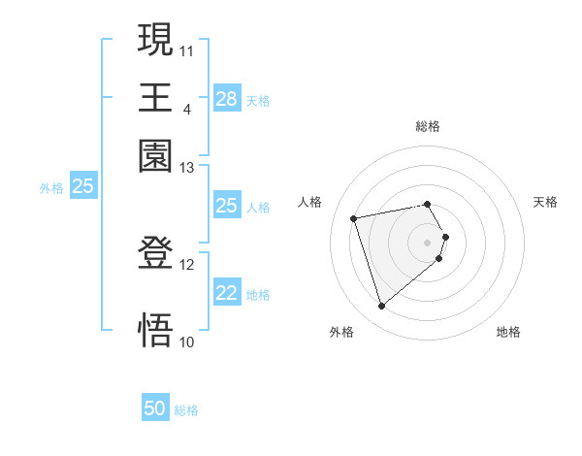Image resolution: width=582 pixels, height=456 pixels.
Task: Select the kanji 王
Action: (155, 97)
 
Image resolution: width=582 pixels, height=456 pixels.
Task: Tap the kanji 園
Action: (155, 155)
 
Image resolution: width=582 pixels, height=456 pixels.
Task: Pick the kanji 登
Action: (155, 254)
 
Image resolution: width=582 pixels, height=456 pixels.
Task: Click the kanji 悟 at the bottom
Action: (155, 329)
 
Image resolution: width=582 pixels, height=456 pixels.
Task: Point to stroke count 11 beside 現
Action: (187, 49)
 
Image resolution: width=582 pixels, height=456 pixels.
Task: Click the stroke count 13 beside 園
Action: (187, 168)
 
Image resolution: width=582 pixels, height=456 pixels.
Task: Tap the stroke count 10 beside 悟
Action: (187, 341)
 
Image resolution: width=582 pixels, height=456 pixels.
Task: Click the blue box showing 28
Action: (226, 99)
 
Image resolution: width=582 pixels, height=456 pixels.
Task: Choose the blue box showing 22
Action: (226, 294)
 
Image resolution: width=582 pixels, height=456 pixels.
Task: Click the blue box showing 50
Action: (155, 409)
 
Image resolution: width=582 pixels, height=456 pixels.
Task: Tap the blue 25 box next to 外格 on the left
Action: (83, 187)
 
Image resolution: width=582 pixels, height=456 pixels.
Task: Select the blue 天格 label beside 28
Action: (258, 100)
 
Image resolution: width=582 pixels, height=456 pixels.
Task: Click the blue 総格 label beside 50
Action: (186, 410)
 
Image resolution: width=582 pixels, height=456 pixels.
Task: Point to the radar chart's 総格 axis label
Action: (428, 126)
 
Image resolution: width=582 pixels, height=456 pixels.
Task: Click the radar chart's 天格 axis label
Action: (545, 202)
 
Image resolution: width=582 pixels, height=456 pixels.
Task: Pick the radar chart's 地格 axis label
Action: (508, 332)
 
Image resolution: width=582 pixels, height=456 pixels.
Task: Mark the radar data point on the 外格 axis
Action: (381, 307)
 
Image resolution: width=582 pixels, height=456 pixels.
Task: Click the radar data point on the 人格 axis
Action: (354, 217)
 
